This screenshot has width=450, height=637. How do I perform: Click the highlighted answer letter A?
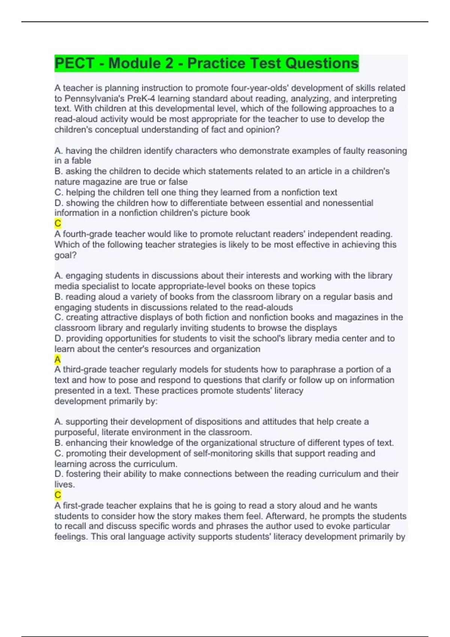[57, 360]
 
